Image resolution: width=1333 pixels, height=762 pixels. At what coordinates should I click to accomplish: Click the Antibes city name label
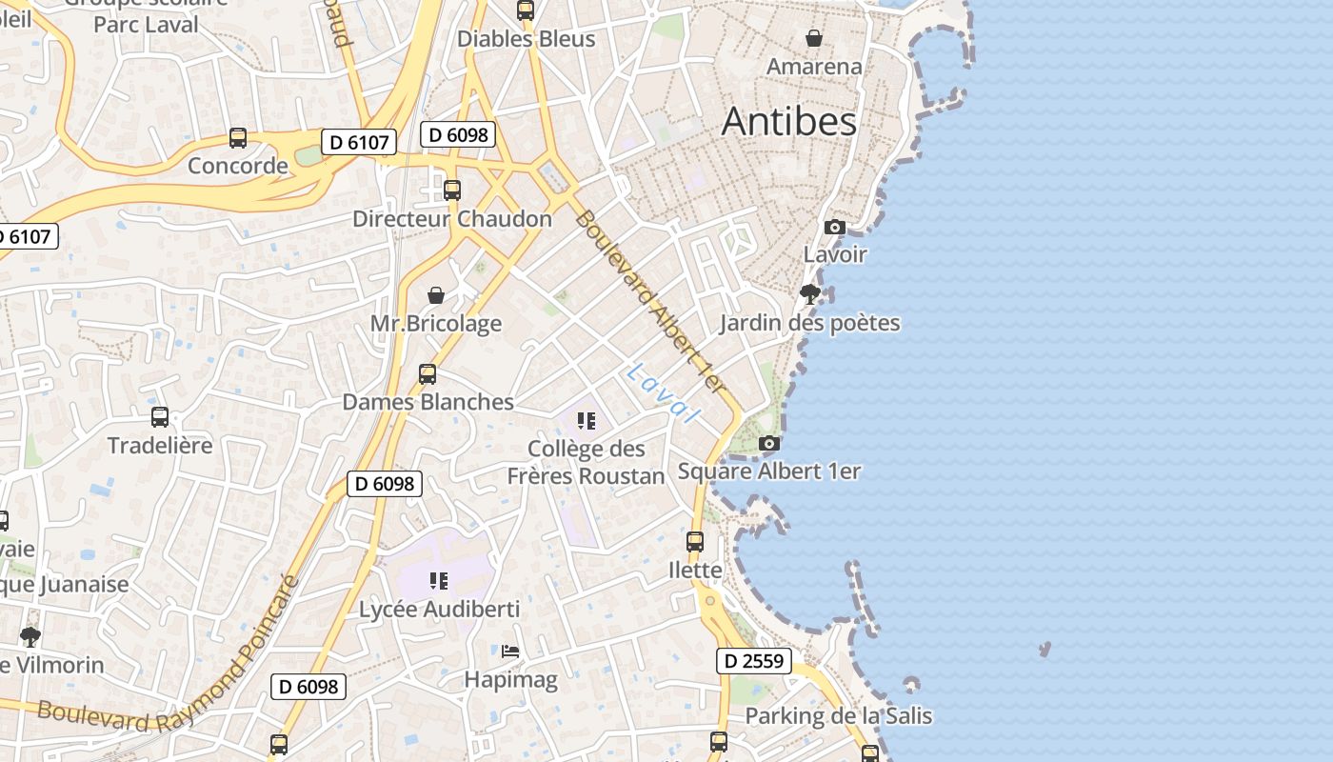pyautogui.click(x=788, y=122)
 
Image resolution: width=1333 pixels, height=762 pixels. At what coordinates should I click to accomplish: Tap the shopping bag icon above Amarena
pyautogui.click(x=814, y=38)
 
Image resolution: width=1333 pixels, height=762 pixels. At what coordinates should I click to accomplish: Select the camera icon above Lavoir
pyautogui.click(x=835, y=227)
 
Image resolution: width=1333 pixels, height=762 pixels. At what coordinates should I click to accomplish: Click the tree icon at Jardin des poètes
pyautogui.click(x=810, y=293)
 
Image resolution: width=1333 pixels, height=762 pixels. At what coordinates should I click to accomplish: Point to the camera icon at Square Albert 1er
pyautogui.click(x=769, y=443)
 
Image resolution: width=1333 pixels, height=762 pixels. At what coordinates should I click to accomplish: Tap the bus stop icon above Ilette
pyautogui.click(x=695, y=542)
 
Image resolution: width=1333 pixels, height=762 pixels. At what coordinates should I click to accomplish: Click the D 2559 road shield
pyautogui.click(x=753, y=660)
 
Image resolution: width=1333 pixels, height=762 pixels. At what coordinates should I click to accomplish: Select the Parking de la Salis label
pyautogui.click(x=838, y=715)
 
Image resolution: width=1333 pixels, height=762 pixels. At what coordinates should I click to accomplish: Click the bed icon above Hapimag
pyautogui.click(x=510, y=652)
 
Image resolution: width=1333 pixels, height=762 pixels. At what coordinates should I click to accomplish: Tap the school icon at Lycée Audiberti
pyautogui.click(x=439, y=580)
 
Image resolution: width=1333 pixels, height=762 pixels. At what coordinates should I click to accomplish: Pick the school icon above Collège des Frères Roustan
pyautogui.click(x=587, y=420)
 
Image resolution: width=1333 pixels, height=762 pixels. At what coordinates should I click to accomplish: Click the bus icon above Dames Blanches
pyautogui.click(x=428, y=373)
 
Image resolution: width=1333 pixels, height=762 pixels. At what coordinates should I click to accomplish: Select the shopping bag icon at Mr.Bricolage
pyautogui.click(x=436, y=295)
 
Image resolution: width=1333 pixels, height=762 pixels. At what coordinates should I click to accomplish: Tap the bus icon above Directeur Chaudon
pyautogui.click(x=452, y=190)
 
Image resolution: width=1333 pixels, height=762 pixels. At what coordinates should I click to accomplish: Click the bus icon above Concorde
pyautogui.click(x=238, y=138)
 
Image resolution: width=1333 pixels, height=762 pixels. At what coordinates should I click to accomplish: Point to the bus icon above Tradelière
pyautogui.click(x=160, y=416)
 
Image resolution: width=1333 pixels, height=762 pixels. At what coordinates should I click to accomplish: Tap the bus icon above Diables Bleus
pyautogui.click(x=526, y=10)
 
